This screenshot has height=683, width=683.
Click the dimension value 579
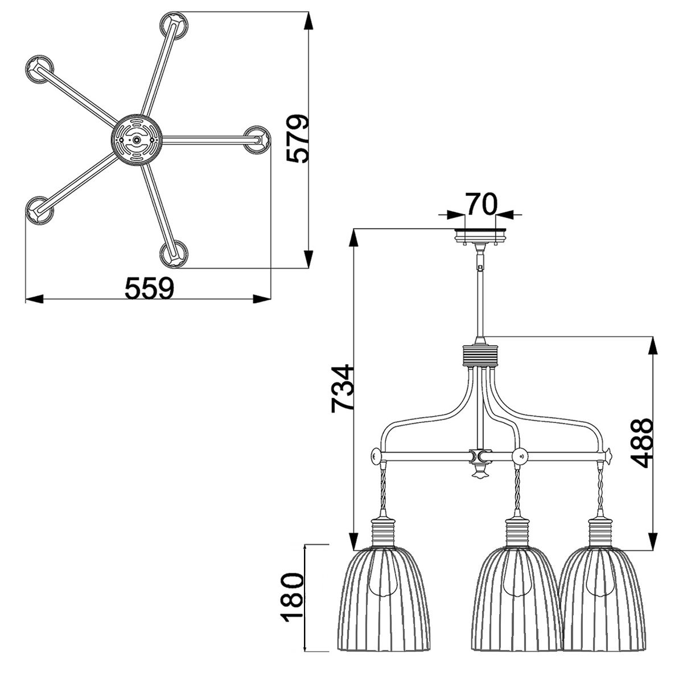click(298, 139)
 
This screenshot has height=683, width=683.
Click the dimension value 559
click(149, 288)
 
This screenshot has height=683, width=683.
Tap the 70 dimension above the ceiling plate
click(482, 203)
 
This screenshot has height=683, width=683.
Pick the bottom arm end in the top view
click(172, 253)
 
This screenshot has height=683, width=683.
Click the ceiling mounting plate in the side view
click(482, 234)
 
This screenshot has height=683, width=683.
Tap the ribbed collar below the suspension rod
click(482, 357)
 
